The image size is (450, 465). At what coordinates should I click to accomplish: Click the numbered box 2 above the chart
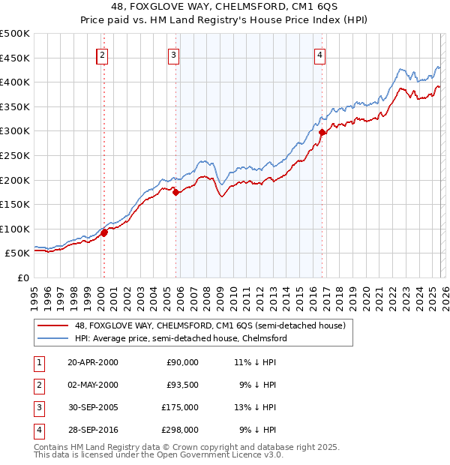click(x=102, y=54)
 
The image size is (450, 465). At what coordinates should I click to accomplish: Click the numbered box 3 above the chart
click(x=173, y=54)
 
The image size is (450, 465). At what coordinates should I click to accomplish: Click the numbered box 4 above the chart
click(x=319, y=54)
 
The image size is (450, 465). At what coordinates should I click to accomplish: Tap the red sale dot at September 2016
click(x=322, y=132)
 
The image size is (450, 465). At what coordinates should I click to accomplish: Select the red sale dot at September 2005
click(x=175, y=192)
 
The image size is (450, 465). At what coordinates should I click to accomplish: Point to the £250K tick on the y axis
click(x=15, y=155)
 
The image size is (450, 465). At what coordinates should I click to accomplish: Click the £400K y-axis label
click(x=15, y=82)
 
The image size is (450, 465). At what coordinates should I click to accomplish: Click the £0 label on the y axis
click(x=22, y=277)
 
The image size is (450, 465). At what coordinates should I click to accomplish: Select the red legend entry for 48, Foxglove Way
click(x=209, y=325)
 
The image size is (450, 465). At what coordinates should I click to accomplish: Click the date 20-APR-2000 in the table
click(x=93, y=362)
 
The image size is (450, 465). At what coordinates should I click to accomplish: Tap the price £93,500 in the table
click(x=182, y=385)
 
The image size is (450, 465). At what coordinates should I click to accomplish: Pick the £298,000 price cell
click(x=182, y=430)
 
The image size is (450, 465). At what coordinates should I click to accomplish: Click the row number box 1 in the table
click(x=37, y=362)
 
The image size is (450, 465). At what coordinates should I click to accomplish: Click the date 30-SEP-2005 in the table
click(x=93, y=407)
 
